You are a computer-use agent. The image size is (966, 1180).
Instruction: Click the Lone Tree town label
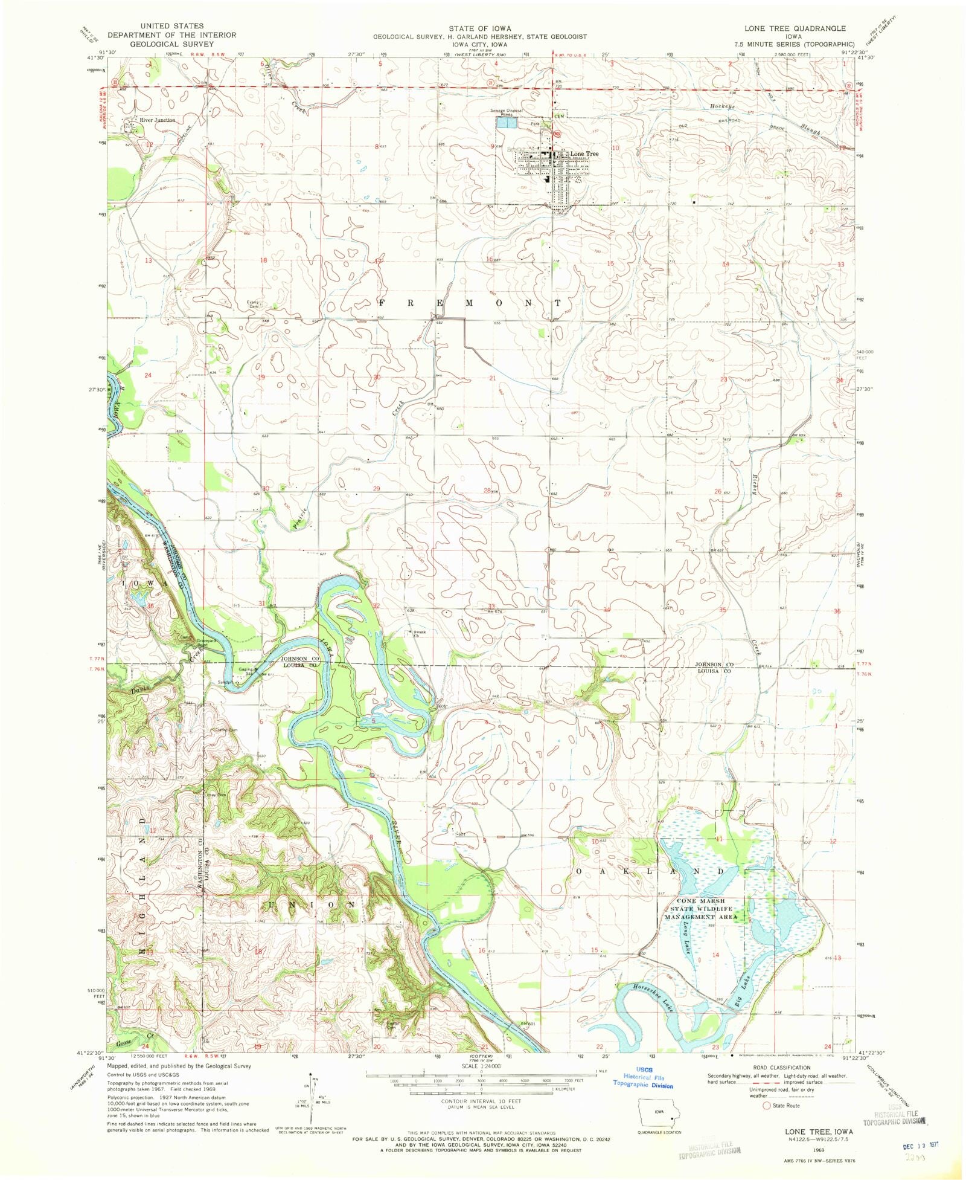pyautogui.click(x=584, y=154)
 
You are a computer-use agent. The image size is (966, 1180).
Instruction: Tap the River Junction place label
pyautogui.click(x=157, y=120)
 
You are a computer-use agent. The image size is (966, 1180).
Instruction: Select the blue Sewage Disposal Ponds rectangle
pyautogui.click(x=507, y=123)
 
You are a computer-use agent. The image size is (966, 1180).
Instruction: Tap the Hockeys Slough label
pyautogui.click(x=722, y=106)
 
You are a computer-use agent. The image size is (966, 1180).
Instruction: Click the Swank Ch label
pyautogui.click(x=418, y=634)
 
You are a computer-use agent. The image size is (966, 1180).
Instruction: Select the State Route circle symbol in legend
pyautogui.click(x=767, y=1106)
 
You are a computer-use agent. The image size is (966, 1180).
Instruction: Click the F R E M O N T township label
pyautogui.click(x=471, y=303)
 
